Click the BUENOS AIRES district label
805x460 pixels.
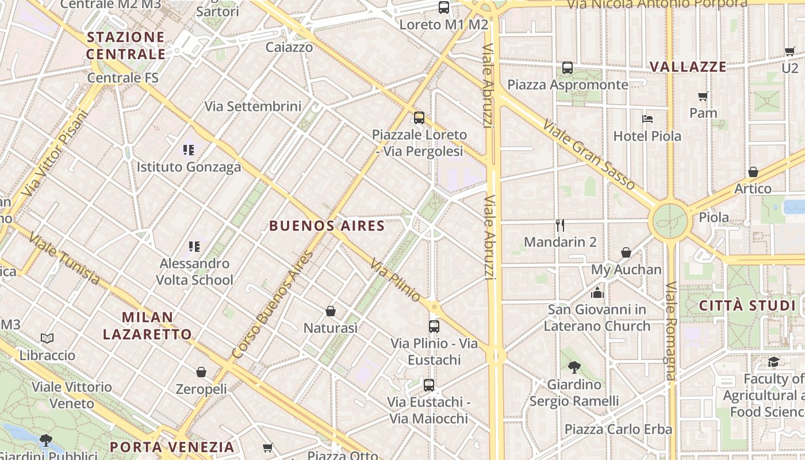[327, 225]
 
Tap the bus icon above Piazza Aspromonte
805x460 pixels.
[568, 68]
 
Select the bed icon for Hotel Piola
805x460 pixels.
[647, 119]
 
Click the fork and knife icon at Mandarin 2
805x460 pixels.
[560, 225]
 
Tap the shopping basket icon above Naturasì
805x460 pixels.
[331, 311]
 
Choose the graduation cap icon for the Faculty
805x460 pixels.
[773, 362]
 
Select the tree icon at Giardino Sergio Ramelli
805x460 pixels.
[574, 367]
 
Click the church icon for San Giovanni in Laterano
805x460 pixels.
[597, 293]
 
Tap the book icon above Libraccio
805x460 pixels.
[47, 339]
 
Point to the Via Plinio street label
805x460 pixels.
[395, 280]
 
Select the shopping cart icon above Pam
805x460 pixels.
[703, 96]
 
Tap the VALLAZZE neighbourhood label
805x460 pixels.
[688, 67]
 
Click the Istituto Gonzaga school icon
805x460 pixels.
[189, 150]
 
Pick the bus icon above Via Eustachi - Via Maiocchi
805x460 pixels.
[429, 385]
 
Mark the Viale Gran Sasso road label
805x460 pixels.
[588, 154]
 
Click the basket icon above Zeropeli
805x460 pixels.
[201, 372]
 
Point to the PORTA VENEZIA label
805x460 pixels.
[172, 447]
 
